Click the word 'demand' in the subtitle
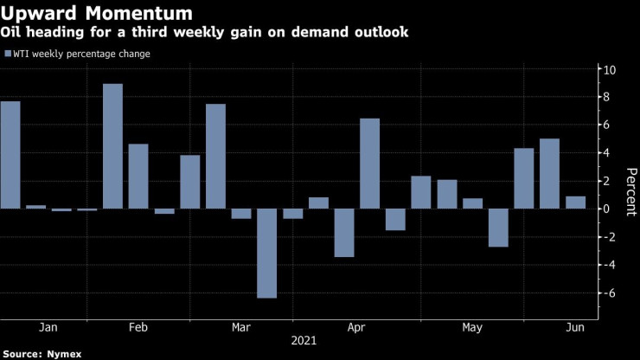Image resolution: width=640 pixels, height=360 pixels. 304,32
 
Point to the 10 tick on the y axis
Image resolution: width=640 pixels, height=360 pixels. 610,69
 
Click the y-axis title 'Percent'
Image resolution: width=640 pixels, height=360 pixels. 630,181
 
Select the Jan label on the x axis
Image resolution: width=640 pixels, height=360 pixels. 48,327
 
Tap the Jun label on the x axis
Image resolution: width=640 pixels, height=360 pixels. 572,327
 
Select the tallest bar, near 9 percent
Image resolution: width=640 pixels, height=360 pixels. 112,146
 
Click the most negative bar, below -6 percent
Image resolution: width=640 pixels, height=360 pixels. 266,253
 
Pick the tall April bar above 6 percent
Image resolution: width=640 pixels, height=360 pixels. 369,164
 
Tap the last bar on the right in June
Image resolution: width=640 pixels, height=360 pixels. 575,202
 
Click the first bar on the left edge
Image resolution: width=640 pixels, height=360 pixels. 10,155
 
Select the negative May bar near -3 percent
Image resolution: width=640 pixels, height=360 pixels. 497,228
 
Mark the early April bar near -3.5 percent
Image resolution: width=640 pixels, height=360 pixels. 343,233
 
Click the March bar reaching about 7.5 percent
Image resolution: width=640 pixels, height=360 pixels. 215,157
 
